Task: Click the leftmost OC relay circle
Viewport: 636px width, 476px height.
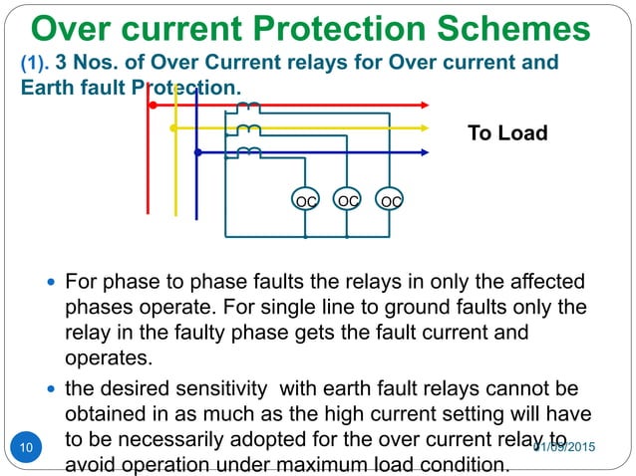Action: [305, 200]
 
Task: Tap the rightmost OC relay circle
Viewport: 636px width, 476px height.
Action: [391, 200]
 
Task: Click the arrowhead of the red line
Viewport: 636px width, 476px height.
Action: [425, 104]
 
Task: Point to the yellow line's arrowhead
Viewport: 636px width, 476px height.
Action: [425, 128]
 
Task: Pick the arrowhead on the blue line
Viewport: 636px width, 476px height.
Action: [425, 152]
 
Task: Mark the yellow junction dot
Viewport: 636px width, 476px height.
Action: [173, 128]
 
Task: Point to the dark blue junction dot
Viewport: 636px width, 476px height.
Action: [197, 152]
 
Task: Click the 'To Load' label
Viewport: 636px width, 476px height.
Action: [507, 132]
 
